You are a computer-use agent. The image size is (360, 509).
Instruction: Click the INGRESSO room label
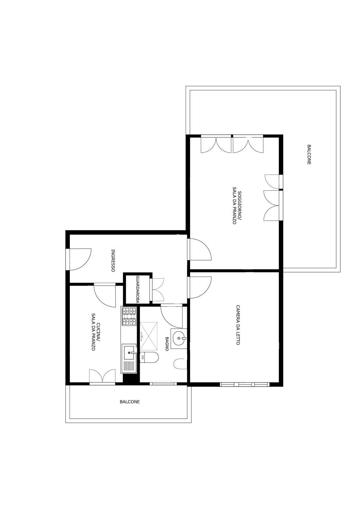[x=113, y=261]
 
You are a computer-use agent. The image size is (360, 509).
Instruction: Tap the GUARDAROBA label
[x=137, y=289]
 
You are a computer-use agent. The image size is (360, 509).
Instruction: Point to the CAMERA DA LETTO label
[x=238, y=325]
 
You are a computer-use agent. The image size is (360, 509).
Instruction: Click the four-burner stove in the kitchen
[x=129, y=316]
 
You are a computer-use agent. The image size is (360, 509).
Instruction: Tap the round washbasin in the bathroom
[x=179, y=338]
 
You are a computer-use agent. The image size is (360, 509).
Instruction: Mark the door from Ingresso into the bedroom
[x=199, y=287]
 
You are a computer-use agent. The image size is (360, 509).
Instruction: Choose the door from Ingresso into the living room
[x=199, y=249]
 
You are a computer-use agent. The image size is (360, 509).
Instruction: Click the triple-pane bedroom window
[x=245, y=384]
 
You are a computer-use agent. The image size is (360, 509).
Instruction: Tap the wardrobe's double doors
[x=157, y=289]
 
